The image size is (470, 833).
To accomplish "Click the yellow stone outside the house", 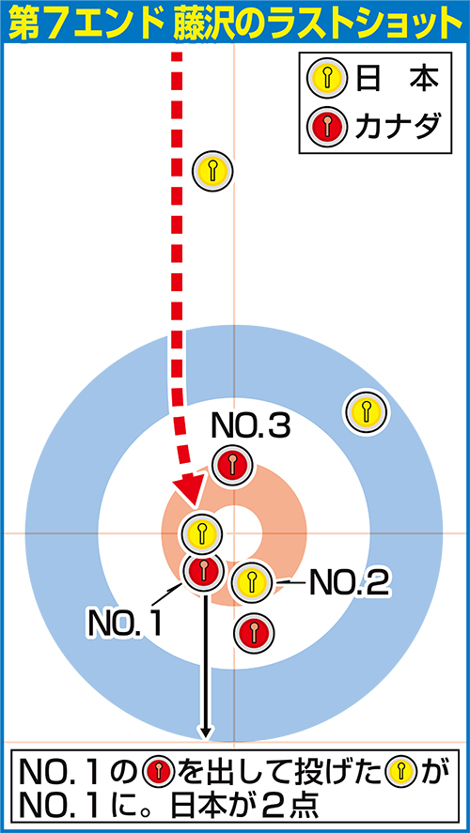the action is click(x=212, y=171).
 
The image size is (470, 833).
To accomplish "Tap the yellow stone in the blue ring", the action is click(x=366, y=410).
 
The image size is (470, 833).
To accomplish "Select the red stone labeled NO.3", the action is click(x=232, y=464).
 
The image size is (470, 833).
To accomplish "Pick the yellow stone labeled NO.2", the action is click(x=252, y=582).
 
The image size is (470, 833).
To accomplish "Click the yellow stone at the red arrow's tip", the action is click(x=201, y=532).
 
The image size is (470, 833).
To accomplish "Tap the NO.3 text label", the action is click(x=251, y=425).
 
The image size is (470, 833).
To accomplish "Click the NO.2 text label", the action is click(x=350, y=582).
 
